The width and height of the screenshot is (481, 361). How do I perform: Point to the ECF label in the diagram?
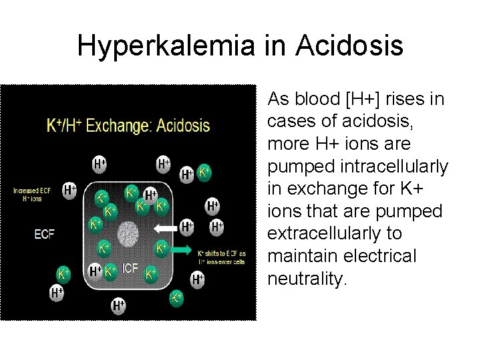point(44,234)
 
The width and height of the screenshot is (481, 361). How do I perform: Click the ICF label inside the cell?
point(130,269)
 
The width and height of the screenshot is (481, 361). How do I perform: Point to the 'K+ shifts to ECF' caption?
point(221,257)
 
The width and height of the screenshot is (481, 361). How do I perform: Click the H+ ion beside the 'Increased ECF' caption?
point(69,190)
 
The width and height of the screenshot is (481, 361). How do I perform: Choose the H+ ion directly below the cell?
point(118,306)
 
